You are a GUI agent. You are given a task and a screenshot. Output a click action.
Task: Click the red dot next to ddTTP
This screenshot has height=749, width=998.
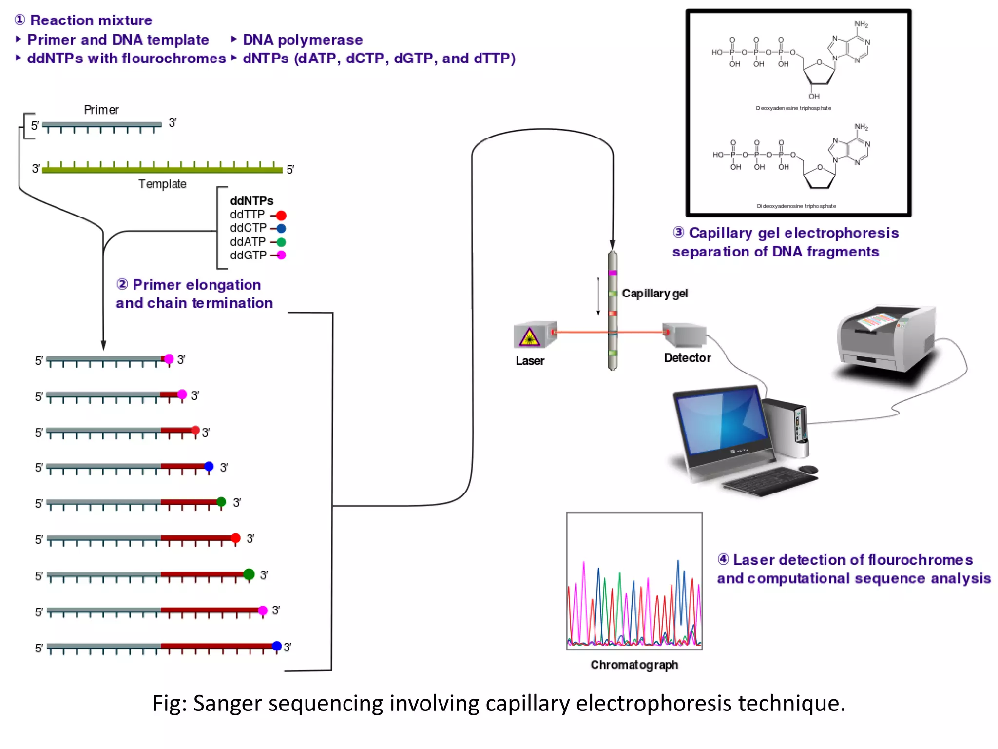coord(281,215)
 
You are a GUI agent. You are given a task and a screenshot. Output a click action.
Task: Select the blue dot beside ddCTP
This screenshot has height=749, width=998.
coord(281,228)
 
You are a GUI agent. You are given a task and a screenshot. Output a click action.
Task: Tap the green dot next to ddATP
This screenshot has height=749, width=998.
coord(281,242)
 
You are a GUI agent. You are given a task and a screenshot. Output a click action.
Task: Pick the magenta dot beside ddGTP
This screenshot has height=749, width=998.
coord(281,255)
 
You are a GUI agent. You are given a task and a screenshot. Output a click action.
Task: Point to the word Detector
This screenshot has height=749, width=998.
coord(687,357)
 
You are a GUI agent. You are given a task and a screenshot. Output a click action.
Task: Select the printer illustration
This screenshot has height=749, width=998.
coord(887,341)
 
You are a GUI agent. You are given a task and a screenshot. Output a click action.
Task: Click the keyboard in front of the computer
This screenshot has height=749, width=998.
coord(770,480)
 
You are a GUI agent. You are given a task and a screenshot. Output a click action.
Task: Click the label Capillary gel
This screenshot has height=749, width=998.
coord(654,293)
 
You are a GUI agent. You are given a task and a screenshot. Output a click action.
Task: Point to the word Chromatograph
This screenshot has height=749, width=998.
coord(634,665)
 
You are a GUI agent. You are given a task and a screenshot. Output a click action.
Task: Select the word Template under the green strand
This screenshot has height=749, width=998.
coord(162,184)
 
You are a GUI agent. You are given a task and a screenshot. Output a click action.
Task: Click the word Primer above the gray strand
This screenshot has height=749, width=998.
coord(101,110)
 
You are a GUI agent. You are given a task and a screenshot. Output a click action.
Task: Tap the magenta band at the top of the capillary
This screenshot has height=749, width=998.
coord(613,273)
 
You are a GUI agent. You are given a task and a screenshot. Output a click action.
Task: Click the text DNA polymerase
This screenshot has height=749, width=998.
coord(302,39)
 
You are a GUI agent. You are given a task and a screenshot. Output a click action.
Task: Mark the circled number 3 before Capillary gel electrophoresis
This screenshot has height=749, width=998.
coord(678,233)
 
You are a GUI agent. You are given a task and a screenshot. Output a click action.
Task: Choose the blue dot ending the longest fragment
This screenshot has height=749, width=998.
coord(277,646)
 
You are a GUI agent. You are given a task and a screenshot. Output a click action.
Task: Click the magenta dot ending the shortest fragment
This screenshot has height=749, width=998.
coord(169,359)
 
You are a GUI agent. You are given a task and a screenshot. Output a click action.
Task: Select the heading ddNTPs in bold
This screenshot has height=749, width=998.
coord(251,200)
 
